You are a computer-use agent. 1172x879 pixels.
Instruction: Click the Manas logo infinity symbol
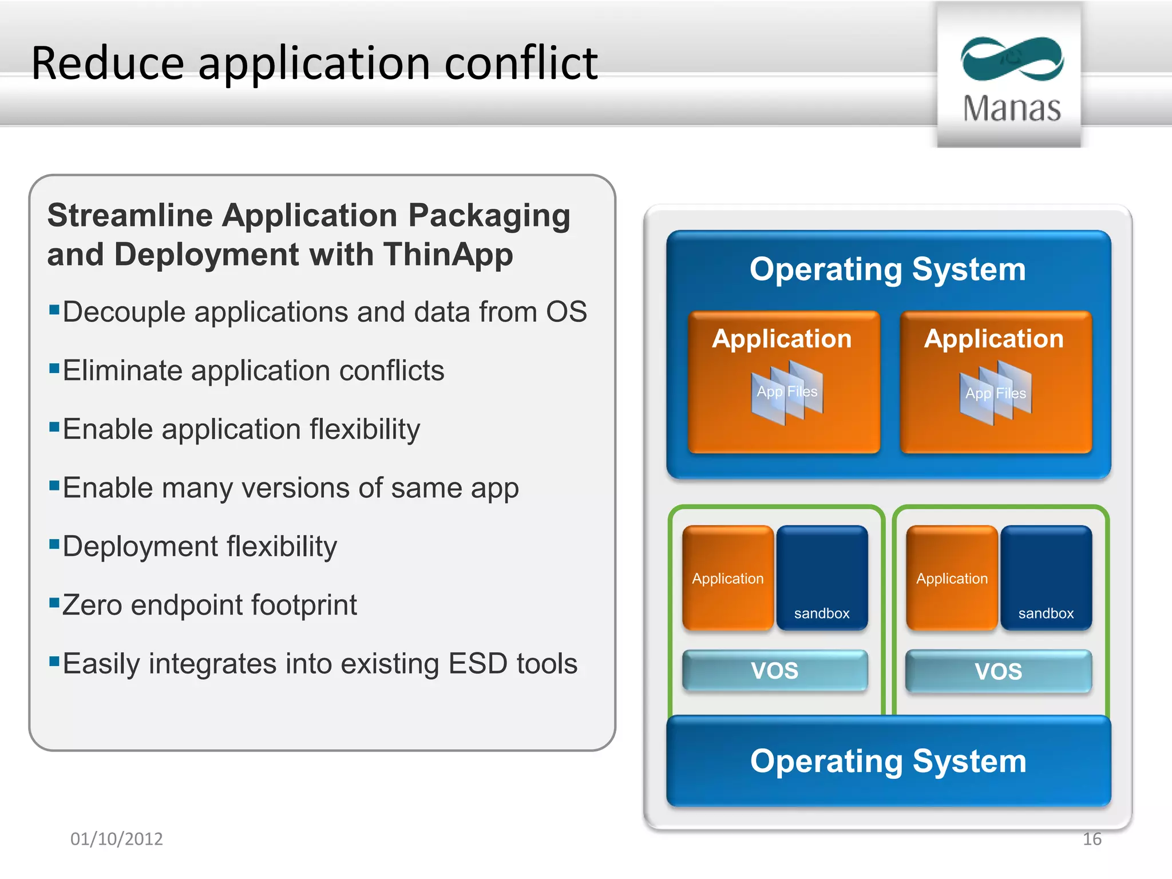[1012, 58]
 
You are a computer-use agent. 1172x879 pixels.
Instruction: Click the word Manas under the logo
[1012, 108]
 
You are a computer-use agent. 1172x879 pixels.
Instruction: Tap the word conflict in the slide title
[521, 63]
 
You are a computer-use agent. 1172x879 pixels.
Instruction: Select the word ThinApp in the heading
[448, 255]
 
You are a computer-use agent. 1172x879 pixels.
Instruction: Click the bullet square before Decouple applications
[54, 310]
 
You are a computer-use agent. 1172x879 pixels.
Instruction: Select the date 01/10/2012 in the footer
[117, 839]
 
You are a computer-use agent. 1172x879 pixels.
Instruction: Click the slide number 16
[1092, 839]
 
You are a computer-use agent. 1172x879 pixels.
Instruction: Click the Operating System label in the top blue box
[888, 270]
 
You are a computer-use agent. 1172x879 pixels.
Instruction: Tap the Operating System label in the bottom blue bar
[888, 761]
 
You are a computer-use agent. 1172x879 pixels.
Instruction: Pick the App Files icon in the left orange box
[787, 393]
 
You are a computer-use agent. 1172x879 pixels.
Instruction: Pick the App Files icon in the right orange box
[996, 394]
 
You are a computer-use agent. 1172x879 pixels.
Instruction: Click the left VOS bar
[775, 670]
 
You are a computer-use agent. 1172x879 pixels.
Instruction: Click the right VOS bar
[999, 671]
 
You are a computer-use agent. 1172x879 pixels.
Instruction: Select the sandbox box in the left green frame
[822, 578]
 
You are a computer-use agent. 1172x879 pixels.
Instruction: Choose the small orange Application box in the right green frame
[952, 578]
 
